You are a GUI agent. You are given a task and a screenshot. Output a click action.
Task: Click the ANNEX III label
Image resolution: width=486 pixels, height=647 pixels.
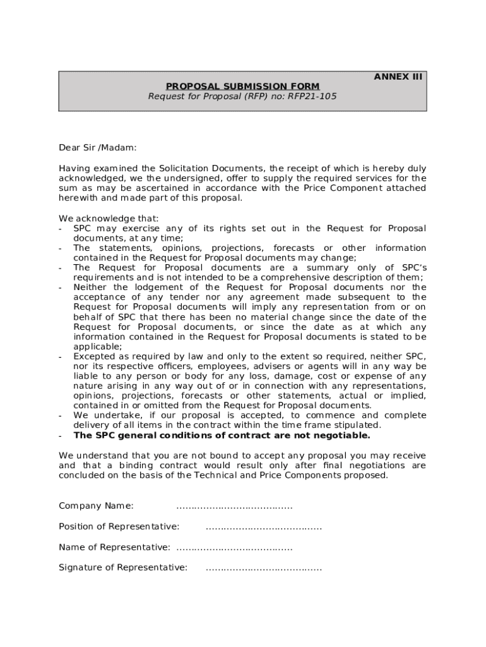click(x=398, y=77)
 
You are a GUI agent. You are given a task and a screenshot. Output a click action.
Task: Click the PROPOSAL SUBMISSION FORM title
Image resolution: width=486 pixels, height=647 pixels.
click(x=242, y=87)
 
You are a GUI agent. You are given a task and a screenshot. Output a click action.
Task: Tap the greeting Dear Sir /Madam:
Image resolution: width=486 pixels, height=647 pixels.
click(x=97, y=148)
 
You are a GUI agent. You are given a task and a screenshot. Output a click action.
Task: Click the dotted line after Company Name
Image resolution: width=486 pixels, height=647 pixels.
click(x=234, y=506)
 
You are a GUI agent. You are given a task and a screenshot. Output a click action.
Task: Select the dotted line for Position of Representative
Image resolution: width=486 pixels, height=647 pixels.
click(x=263, y=526)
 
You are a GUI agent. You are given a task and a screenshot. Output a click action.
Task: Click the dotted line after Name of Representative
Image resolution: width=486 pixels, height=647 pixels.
click(x=234, y=547)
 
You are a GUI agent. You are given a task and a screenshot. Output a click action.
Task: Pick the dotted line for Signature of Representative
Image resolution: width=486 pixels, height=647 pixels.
click(x=263, y=567)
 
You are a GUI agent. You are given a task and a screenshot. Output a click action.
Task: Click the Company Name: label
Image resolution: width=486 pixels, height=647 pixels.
click(x=96, y=506)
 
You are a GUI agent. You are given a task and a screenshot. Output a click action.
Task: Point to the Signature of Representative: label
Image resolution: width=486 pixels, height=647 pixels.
click(x=123, y=567)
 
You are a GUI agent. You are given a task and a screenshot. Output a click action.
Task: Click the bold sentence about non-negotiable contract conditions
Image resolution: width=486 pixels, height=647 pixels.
click(x=222, y=435)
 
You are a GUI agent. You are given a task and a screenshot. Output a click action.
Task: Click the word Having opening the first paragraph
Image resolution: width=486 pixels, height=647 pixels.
click(x=76, y=168)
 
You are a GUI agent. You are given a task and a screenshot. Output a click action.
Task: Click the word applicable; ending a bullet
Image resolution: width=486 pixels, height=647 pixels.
click(x=97, y=347)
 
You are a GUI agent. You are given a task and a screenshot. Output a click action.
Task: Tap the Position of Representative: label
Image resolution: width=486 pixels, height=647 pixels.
click(x=119, y=526)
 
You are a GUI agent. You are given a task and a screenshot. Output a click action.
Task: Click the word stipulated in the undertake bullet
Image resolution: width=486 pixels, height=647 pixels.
click(x=359, y=425)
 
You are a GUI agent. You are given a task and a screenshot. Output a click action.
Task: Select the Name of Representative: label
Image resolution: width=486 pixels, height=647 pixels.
click(x=114, y=547)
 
